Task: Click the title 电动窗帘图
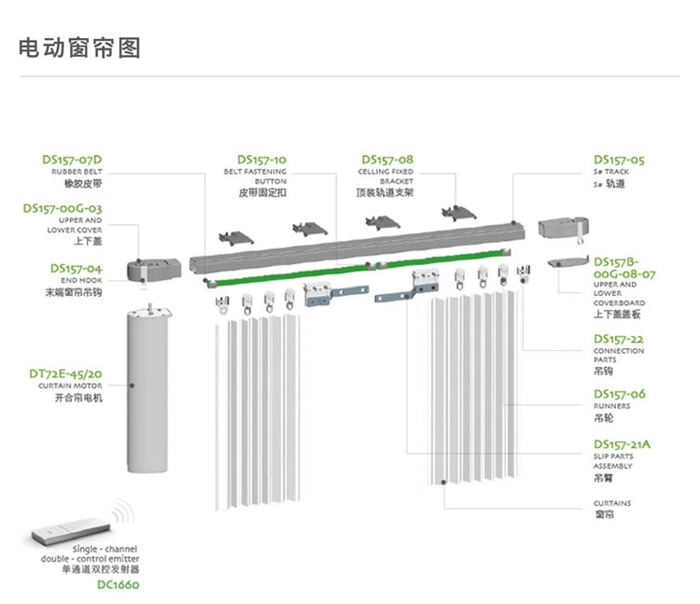80,48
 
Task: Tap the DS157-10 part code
261,160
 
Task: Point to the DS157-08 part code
386,160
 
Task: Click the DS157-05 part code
619,160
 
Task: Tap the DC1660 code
118,585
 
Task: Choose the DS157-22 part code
619,339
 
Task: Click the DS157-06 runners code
619,394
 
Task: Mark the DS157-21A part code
623,443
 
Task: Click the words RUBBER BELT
77,173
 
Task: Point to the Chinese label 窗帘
604,514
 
